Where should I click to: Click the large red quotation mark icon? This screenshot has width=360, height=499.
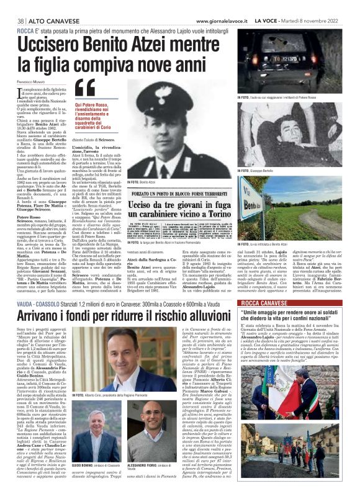coord(85,89)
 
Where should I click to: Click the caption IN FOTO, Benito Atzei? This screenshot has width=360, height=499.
coord(141,182)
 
